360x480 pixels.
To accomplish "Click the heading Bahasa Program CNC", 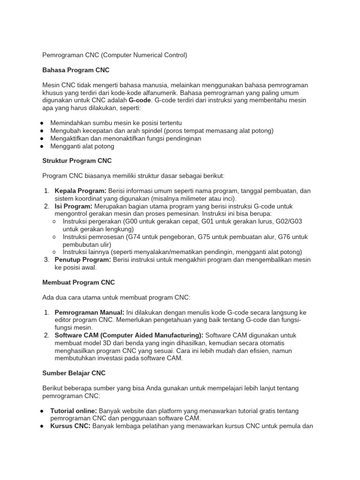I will (75, 70).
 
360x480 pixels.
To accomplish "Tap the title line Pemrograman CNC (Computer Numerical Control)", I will (114, 55).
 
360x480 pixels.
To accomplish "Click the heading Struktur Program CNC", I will (77, 160).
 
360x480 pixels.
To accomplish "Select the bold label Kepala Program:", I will (81, 191).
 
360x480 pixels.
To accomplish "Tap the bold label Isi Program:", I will (74, 206).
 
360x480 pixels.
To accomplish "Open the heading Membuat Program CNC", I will (78, 282).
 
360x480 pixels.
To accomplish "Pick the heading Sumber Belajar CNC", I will (74, 373).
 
